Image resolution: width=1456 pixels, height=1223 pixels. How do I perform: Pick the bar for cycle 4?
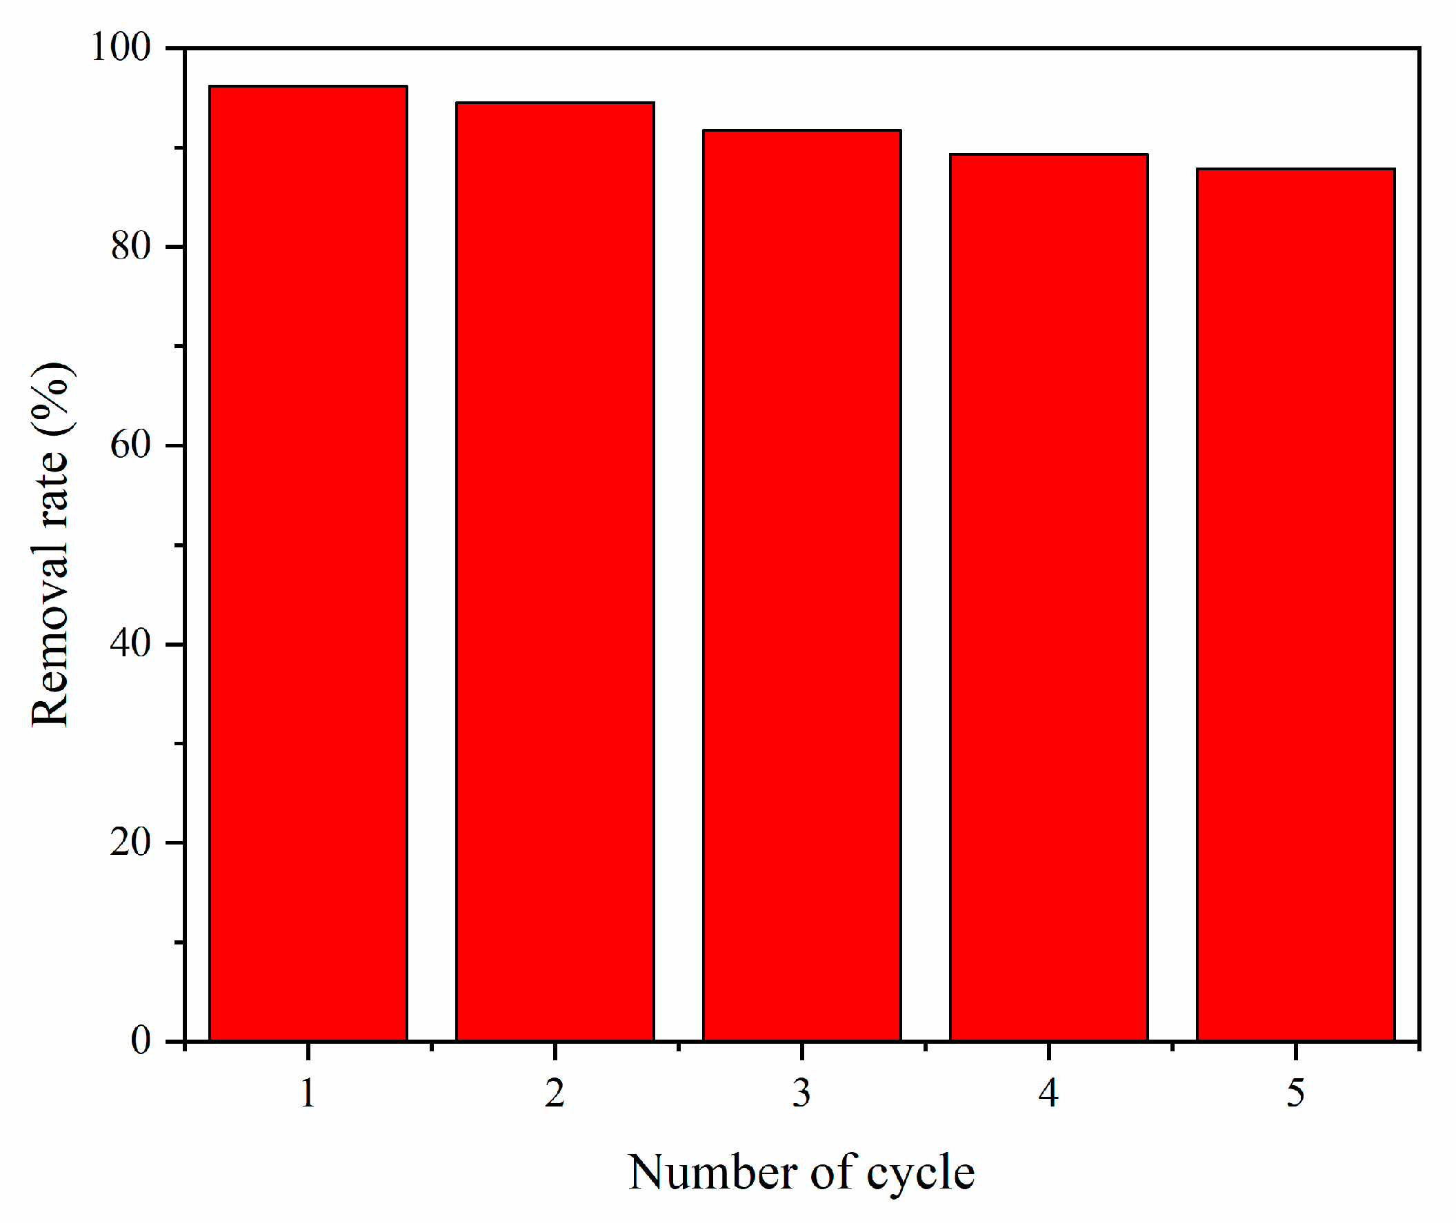pyautogui.click(x=1049, y=597)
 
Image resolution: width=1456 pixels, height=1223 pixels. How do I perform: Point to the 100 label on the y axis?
pyautogui.click(x=121, y=48)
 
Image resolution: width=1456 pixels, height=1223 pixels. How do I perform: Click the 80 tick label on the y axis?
pyautogui.click(x=130, y=247)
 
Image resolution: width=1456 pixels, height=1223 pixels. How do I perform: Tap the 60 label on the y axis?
pyautogui.click(x=130, y=445)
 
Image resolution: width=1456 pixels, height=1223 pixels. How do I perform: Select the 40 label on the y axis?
pyautogui.click(x=130, y=644)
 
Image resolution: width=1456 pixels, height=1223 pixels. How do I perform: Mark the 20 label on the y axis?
pyautogui.click(x=130, y=842)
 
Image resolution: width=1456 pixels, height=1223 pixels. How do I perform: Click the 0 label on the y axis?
pyautogui.click(x=141, y=1041)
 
